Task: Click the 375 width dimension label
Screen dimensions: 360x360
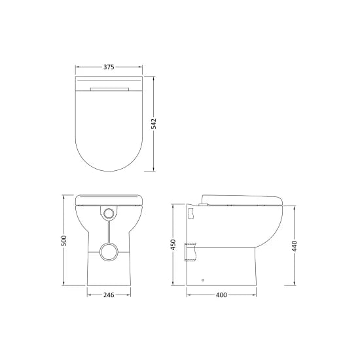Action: (x=109, y=67)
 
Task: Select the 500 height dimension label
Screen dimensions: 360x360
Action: (x=64, y=240)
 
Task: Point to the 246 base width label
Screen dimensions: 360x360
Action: (x=109, y=296)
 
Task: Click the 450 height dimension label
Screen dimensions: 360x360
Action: (x=173, y=244)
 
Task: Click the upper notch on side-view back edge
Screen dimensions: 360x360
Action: (x=190, y=213)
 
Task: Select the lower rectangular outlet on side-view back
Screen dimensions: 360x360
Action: (x=192, y=251)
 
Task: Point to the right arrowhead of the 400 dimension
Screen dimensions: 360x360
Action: (x=255, y=296)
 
